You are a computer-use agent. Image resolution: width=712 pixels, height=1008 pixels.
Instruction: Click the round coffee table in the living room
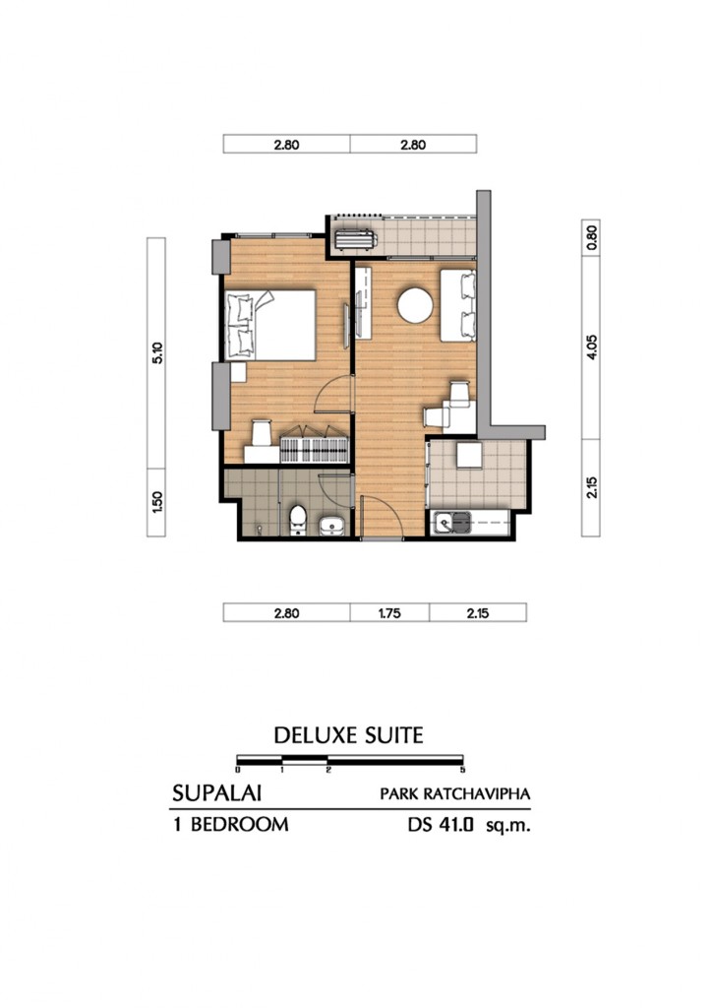click(415, 305)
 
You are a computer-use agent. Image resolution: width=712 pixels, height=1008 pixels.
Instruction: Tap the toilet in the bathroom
click(298, 521)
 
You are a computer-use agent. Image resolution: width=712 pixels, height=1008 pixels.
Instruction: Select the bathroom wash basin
click(331, 526)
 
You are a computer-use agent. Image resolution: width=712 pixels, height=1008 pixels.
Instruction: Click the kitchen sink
click(451, 523)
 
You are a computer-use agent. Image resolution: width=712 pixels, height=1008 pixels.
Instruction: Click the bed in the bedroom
click(269, 325)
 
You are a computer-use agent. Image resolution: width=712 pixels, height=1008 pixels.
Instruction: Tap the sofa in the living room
click(457, 305)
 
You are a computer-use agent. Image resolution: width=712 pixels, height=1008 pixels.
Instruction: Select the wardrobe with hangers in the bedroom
click(315, 445)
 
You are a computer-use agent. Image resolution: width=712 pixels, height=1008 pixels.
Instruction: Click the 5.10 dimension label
click(157, 353)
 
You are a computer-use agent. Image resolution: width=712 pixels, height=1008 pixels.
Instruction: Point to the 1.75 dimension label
click(389, 613)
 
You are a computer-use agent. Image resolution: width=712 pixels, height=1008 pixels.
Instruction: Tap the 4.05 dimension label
click(591, 347)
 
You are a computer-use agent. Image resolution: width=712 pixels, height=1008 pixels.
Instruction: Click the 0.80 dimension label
click(591, 238)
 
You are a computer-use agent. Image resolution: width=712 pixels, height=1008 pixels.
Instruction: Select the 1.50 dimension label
click(157, 502)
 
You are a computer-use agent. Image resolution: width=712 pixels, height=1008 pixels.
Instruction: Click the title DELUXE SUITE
click(348, 735)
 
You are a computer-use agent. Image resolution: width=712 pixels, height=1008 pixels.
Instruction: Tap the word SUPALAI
click(216, 793)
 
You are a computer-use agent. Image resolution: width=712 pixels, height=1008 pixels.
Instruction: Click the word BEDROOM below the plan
click(240, 825)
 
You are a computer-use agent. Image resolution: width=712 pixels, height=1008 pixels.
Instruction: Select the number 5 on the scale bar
click(462, 770)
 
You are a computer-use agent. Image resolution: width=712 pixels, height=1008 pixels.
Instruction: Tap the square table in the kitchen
click(469, 456)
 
